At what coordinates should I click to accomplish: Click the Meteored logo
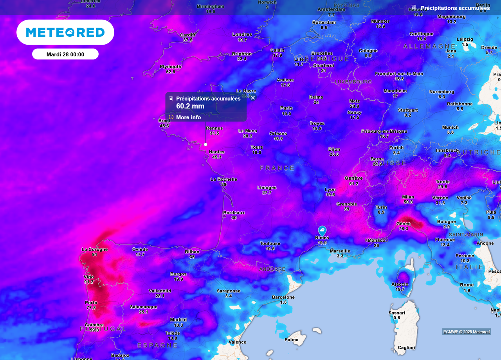click(65, 32)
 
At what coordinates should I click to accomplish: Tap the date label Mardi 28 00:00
click(65, 54)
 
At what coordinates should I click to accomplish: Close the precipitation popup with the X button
click(253, 97)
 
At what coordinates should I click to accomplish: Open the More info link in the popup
click(188, 117)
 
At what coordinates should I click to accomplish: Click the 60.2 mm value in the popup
click(190, 106)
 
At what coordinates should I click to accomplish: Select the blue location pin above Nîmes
click(322, 230)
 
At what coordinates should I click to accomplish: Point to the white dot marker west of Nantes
click(205, 144)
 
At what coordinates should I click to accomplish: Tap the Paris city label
click(287, 108)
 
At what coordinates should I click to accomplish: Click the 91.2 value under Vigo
click(89, 282)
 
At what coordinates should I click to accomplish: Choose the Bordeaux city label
click(234, 212)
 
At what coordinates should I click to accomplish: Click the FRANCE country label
click(278, 168)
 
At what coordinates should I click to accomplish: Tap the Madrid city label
click(178, 320)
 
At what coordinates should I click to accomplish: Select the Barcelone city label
click(283, 297)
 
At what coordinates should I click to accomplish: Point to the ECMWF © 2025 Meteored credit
click(466, 332)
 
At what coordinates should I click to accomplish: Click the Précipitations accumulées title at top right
click(455, 8)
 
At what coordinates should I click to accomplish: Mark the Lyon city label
click(330, 189)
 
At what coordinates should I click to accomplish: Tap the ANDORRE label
click(272, 269)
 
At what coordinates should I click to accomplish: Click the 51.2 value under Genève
click(354, 184)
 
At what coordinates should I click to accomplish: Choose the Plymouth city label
click(171, 67)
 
